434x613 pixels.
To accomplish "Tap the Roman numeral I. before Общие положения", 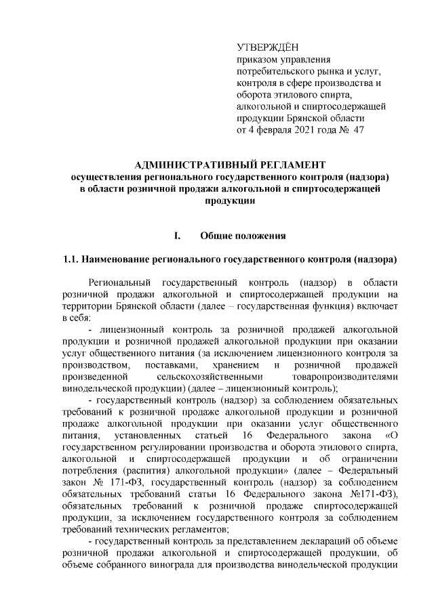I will point(178,236).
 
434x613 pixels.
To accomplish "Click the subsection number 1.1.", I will point(72,259).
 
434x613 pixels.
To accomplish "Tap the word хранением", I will point(235,365).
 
